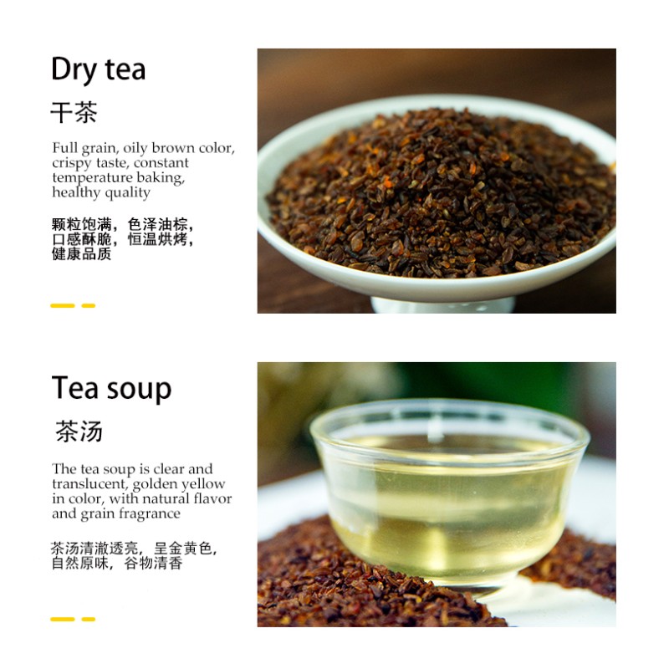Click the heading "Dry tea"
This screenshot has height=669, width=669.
tap(99, 70)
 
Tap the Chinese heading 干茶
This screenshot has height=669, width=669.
tap(74, 113)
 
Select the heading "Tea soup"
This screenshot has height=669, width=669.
tap(111, 389)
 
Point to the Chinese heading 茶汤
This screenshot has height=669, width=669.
tap(79, 431)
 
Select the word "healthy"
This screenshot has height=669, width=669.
tap(76, 193)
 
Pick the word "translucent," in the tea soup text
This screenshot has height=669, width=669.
tap(90, 484)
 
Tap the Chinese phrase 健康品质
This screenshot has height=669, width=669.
tap(81, 254)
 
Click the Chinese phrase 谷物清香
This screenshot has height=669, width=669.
tap(153, 563)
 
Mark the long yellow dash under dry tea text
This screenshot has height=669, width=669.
tap(62, 305)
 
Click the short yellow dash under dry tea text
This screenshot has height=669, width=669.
tap(89, 305)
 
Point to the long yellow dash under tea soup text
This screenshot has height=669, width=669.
tap(62, 619)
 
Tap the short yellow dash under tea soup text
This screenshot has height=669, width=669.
tap(89, 619)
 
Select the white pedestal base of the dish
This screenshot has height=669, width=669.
tap(443, 304)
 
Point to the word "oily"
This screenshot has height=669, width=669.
tap(135, 149)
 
